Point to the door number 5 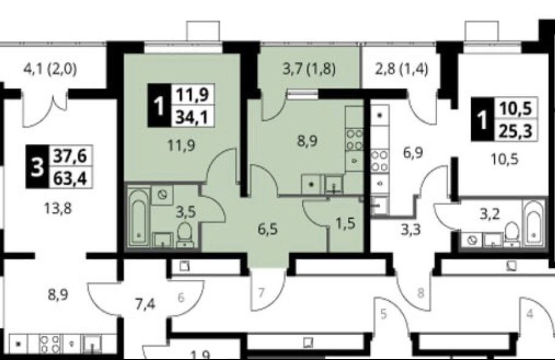coord(383,314)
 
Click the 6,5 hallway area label coord(265,230)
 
